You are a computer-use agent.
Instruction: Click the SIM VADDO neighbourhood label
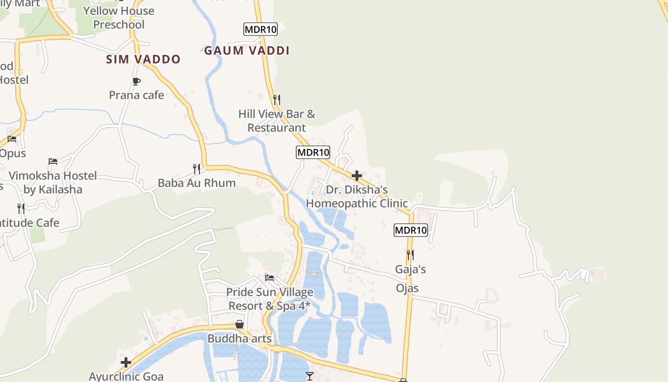click(143, 59)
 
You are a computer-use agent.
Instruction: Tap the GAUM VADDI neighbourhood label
click(247, 51)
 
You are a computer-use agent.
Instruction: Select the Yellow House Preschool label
click(119, 18)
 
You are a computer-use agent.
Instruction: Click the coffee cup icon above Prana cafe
click(136, 81)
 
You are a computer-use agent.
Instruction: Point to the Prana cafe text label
click(136, 95)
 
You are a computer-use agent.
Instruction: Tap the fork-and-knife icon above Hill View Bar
click(277, 99)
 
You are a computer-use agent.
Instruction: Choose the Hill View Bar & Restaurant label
click(277, 121)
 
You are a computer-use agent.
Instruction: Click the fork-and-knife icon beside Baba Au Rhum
click(196, 169)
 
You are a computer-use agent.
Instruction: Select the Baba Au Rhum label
click(197, 183)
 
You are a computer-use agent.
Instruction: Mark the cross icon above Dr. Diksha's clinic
click(356, 176)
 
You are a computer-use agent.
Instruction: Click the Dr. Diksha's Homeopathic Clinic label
click(357, 197)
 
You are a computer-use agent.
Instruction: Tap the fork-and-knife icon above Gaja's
click(410, 255)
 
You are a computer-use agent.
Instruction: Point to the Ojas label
click(407, 288)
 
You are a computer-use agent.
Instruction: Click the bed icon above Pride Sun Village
click(270, 277)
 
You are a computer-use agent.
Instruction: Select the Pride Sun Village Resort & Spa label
click(270, 299)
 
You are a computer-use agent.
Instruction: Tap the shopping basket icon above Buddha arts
click(240, 324)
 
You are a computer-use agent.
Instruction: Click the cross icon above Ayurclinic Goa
click(126, 362)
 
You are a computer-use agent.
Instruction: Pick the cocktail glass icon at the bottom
click(310, 376)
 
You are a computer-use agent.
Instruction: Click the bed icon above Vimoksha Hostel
click(53, 161)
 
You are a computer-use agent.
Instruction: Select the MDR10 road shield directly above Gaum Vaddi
click(260, 29)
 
